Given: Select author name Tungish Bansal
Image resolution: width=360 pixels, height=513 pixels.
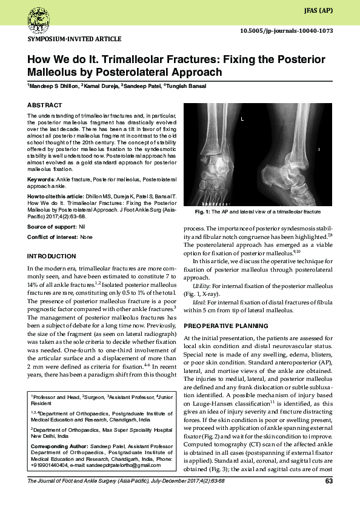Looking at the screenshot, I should [186, 86].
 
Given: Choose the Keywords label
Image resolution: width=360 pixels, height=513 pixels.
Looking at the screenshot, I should [40, 179].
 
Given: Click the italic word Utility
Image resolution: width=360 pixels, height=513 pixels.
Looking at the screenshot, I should [201, 284].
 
